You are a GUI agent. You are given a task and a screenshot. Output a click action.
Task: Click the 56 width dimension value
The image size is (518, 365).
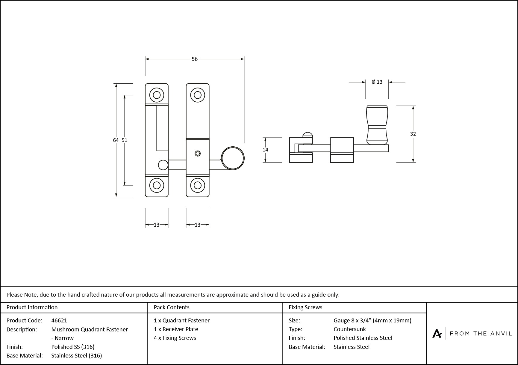[195, 59]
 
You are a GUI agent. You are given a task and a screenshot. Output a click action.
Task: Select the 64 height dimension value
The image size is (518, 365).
[116, 140]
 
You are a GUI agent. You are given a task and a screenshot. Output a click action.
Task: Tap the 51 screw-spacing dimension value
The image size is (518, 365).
[125, 140]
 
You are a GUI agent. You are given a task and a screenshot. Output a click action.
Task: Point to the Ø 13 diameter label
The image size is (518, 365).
[377, 82]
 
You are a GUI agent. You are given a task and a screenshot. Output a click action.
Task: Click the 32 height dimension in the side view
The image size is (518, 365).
[413, 134]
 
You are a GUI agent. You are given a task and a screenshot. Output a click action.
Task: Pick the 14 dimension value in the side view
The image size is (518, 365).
[265, 150]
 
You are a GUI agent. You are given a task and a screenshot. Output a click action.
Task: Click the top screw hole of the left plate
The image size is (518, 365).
[157, 95]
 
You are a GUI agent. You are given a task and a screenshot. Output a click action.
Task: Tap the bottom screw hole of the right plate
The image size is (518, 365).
[197, 185]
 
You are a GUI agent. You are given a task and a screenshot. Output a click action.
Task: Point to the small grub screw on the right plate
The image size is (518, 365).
[197, 154]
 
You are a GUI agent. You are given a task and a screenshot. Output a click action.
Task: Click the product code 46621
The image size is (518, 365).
[59, 320]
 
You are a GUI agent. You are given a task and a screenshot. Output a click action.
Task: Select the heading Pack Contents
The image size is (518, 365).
[172, 307]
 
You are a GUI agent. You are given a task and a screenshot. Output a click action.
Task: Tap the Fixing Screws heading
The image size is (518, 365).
[305, 307]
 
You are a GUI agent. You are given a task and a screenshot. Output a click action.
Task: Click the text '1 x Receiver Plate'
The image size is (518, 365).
[176, 329]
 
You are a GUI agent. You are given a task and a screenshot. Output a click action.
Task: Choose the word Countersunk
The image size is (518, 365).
[349, 329]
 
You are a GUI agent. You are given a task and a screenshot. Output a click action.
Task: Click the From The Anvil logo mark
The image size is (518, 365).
[437, 334]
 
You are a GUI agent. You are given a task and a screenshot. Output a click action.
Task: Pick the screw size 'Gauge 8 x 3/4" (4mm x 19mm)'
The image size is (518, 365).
[372, 320]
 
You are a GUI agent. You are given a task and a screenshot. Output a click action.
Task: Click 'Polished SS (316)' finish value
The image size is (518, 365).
[73, 347]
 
